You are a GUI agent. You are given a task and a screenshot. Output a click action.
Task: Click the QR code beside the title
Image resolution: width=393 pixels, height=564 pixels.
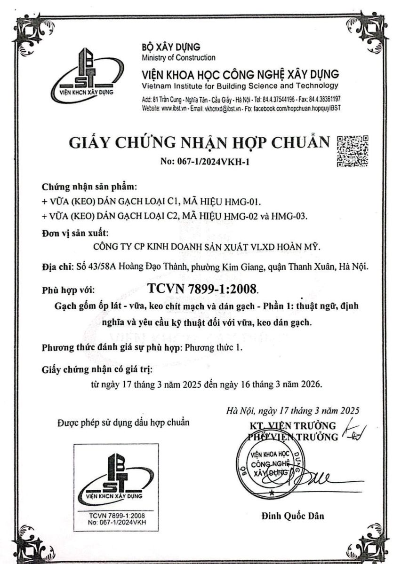click(353, 151)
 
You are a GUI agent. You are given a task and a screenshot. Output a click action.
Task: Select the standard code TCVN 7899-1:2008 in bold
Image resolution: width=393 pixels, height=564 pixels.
click(203, 288)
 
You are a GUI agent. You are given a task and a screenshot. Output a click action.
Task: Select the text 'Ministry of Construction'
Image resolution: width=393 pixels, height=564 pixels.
click(178, 58)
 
